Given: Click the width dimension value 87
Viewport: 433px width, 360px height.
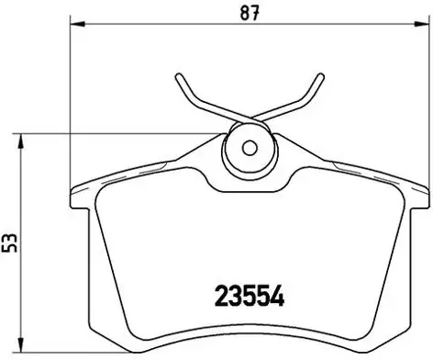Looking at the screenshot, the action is pyautogui.click(x=250, y=13).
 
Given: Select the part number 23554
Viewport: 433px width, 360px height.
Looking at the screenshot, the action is pyautogui.click(x=250, y=296).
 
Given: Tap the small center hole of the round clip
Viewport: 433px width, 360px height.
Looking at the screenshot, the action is pyautogui.click(x=250, y=149).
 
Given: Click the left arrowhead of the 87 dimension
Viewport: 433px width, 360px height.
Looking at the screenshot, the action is pyautogui.click(x=77, y=24).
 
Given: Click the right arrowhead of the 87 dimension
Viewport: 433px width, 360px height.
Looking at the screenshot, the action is pyautogui.click(x=420, y=24).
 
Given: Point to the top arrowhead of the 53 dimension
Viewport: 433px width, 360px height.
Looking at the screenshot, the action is pyautogui.click(x=20, y=141).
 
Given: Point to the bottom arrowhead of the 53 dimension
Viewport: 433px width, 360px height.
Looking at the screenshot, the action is pyautogui.click(x=20, y=345).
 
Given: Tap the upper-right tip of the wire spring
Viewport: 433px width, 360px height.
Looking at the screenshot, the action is pyautogui.click(x=320, y=76).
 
